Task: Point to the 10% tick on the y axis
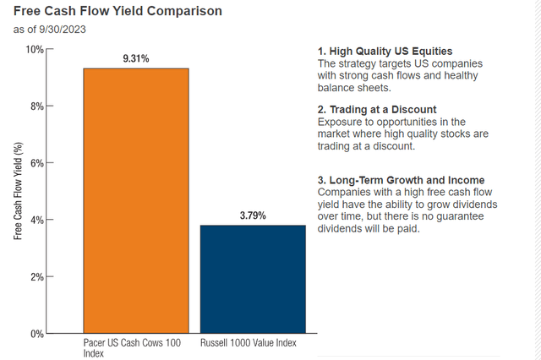point(32,49)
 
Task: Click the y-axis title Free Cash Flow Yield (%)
point(17,191)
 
